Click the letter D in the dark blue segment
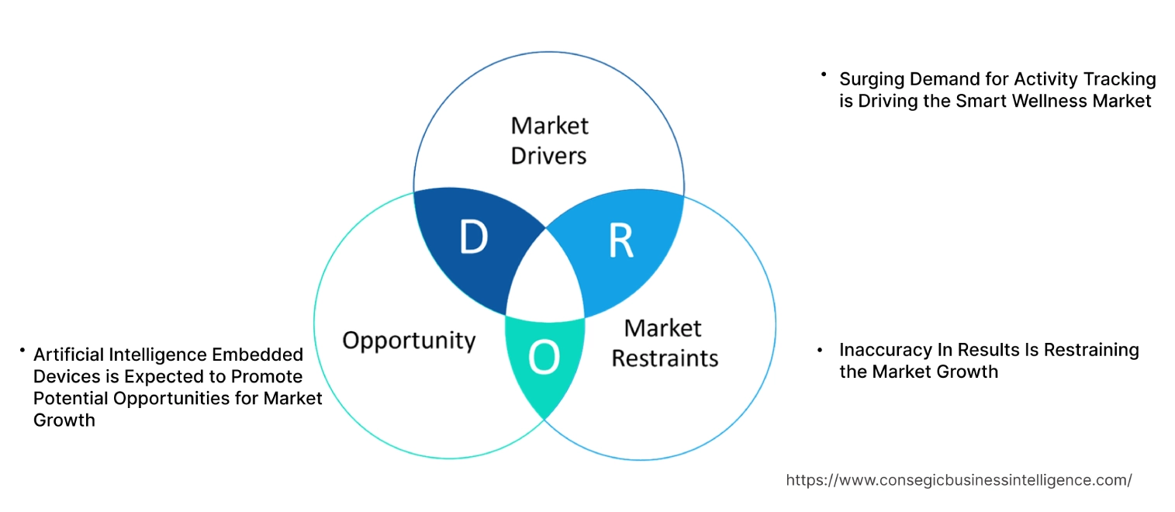pos(473,238)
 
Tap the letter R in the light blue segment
pos(620,241)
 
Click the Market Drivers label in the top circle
pos(549,140)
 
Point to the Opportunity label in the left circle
pos(409,340)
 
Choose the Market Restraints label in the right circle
pos(665,343)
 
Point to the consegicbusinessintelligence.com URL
pos(959,480)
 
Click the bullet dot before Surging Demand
pos(824,74)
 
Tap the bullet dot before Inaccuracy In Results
pos(820,351)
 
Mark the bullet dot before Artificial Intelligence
pos(22,351)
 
